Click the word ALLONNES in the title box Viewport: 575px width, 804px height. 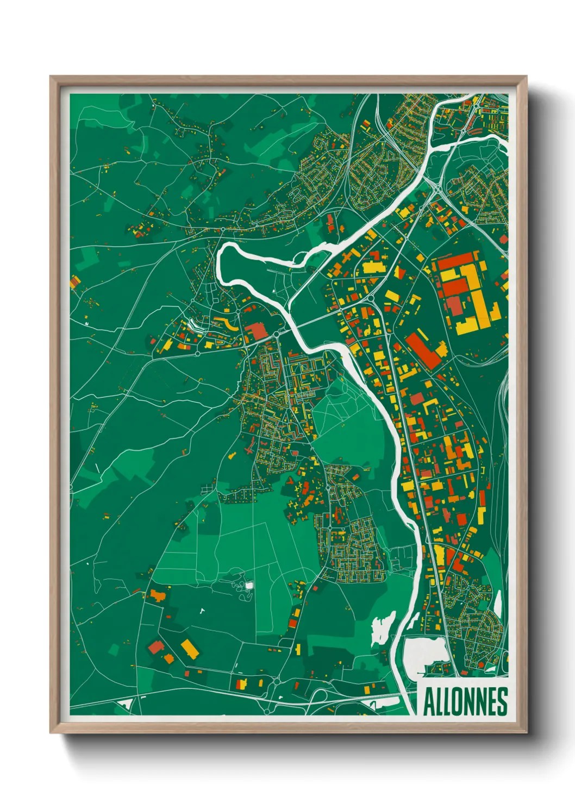[x=465, y=701]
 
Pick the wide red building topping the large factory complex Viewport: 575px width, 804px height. [x=458, y=262]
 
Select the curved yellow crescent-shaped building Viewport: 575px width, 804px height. [x=229, y=325]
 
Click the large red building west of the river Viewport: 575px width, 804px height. [x=257, y=331]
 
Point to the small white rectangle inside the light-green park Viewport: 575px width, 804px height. [x=249, y=586]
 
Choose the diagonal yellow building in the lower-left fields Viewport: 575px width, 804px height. [x=189, y=648]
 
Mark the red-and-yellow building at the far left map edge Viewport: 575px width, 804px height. [x=75, y=282]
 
